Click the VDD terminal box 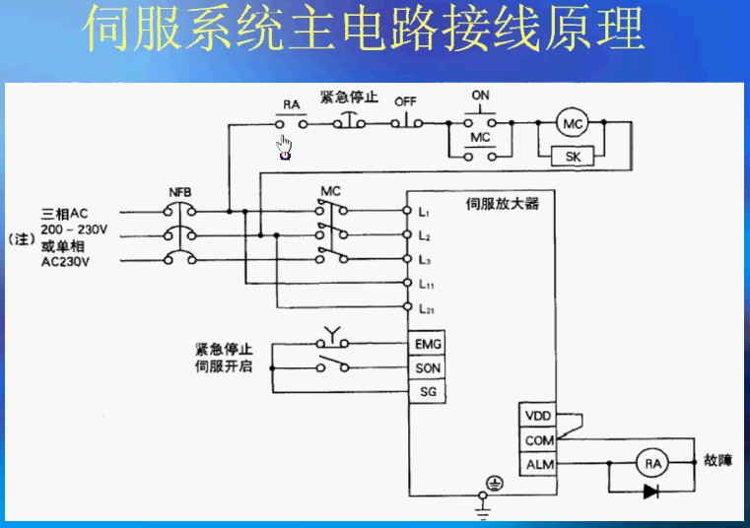538,416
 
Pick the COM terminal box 538,440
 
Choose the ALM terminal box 538,464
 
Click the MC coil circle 572,123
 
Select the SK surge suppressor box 572,156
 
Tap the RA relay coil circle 649,463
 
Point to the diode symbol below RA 650,490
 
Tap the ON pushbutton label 480,96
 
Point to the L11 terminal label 427,284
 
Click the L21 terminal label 427,308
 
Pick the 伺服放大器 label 502,205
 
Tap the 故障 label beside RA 717,461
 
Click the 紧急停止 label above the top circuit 349,98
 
